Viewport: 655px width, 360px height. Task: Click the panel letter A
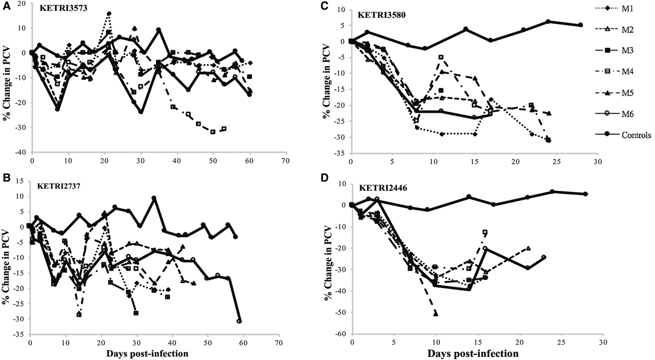coord(4,5)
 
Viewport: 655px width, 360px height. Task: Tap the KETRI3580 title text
coord(379,14)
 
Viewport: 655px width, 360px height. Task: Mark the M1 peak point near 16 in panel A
coord(109,14)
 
